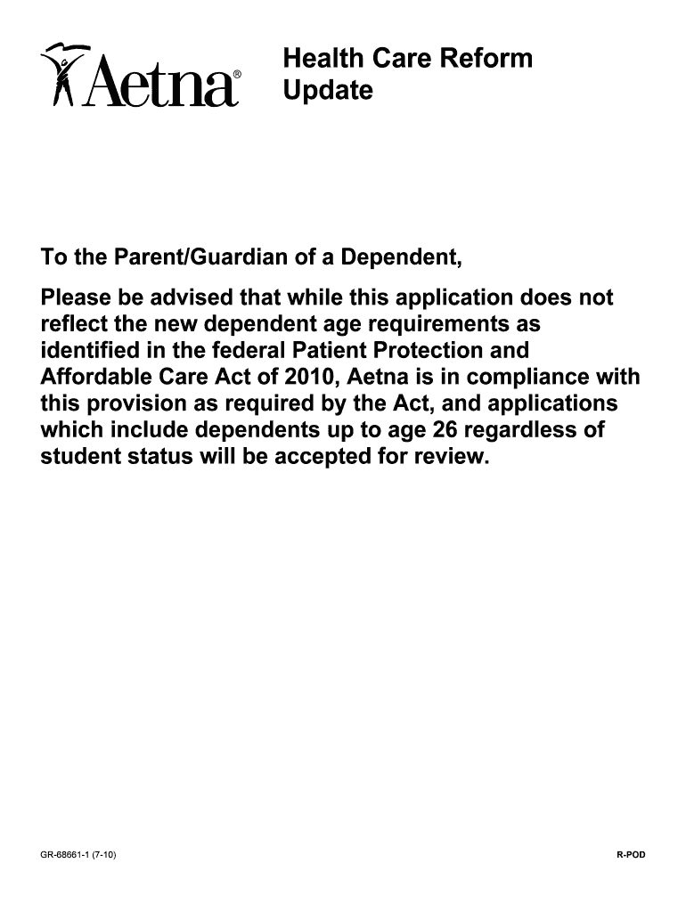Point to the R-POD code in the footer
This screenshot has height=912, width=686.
[630, 856]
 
